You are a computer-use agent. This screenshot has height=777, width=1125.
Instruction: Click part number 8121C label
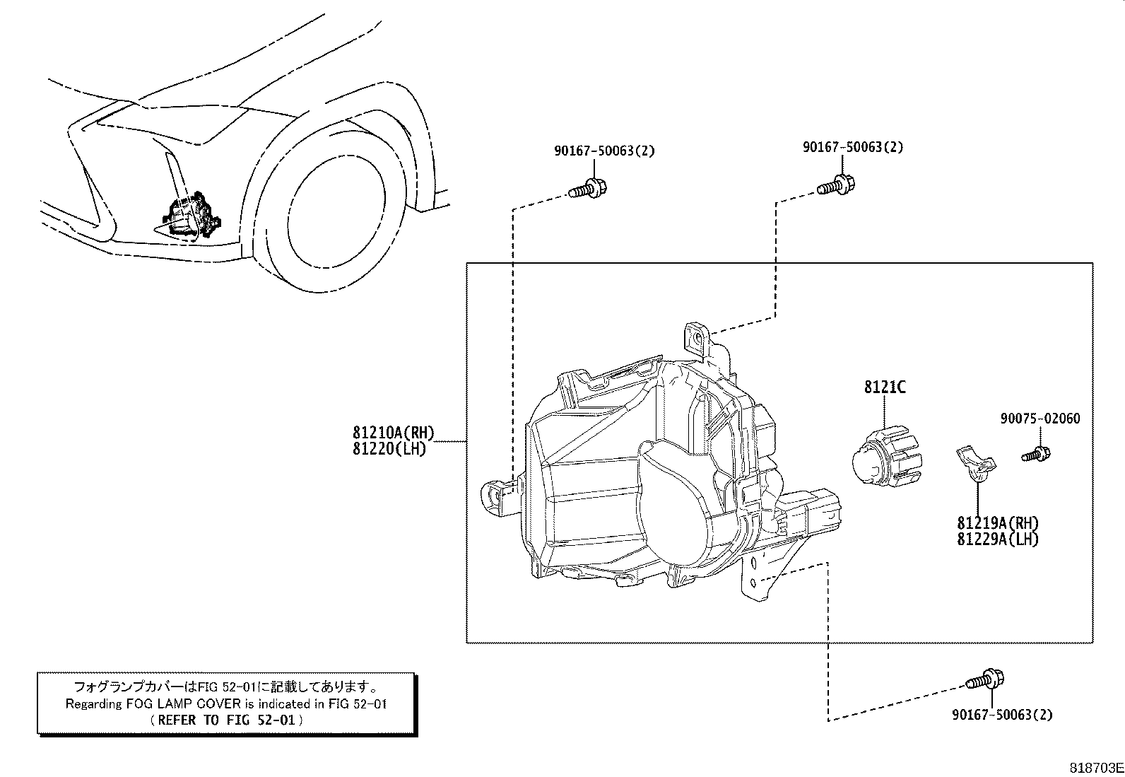tap(884, 387)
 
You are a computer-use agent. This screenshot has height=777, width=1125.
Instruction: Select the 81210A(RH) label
tap(393, 433)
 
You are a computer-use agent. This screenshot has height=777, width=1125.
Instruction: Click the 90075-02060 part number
tap(1039, 419)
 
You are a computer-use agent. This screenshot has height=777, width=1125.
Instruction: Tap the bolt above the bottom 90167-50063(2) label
tap(985, 681)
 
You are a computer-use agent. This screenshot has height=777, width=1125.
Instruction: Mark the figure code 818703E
tap(1095, 768)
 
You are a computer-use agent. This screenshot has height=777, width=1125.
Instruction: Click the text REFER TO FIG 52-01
tap(227, 720)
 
